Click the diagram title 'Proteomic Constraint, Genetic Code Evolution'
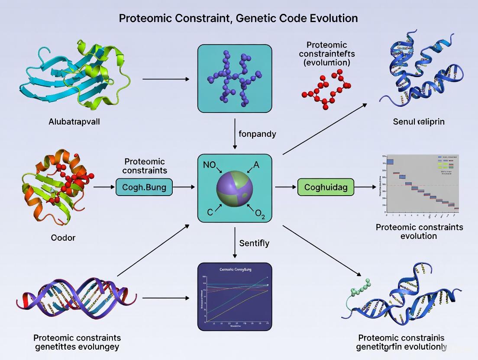239,18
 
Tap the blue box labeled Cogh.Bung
144,187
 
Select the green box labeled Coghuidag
326,187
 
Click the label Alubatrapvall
74,122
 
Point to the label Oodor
63,238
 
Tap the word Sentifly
254,243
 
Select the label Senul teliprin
418,122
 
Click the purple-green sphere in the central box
234,188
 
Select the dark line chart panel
234,296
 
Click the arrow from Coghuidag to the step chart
365,187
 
